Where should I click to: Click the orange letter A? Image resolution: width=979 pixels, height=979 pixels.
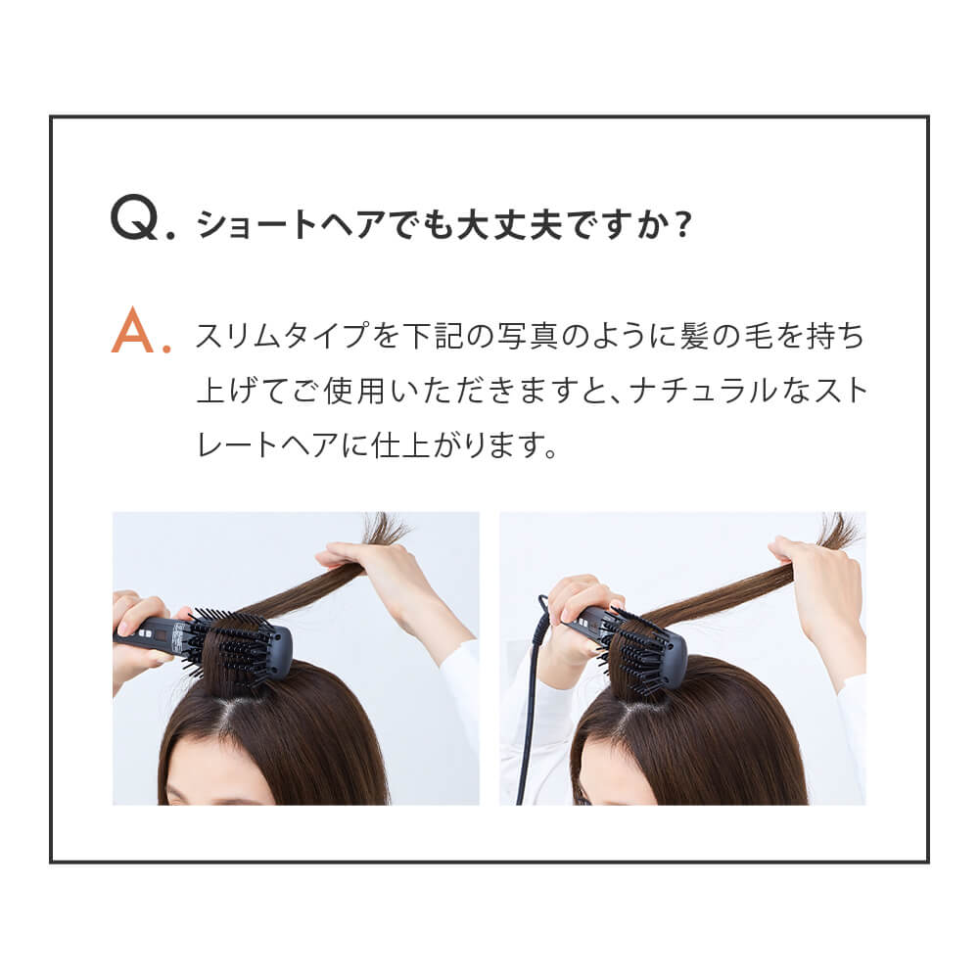point(135,333)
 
